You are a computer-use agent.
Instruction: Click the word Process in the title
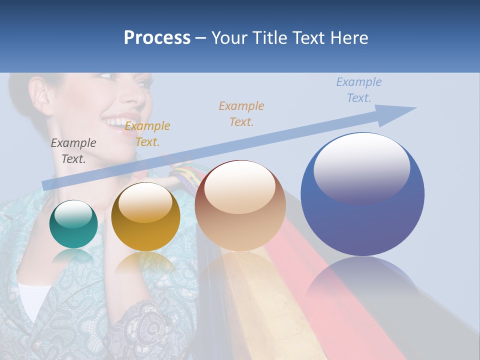pos(157,38)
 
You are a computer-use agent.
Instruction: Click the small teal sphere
pos(73,224)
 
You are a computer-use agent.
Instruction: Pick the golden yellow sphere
pos(145,216)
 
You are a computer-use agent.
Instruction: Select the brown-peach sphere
pos(240,205)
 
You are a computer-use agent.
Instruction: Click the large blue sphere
pos(362,194)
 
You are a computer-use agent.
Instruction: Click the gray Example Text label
pos(73,151)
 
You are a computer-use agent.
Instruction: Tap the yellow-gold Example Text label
pos(147,134)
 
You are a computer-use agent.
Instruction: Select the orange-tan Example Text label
pos(241,114)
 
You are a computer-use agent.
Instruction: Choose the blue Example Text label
pos(359,90)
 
